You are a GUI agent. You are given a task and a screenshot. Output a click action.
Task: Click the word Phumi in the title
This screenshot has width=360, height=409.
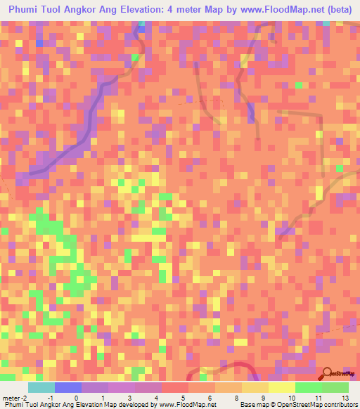tap(25, 9)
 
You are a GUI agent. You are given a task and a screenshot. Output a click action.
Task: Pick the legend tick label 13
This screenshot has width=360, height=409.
tap(345, 398)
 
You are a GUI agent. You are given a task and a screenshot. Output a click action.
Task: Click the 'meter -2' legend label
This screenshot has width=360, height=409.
tap(14, 398)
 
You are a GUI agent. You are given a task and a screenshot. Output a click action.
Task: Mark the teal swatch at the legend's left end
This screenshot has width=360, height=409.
tap(41, 387)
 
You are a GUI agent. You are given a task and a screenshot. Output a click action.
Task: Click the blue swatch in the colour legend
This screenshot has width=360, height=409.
tap(68, 387)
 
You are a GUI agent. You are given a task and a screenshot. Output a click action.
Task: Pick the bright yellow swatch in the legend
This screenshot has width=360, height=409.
tap(282, 387)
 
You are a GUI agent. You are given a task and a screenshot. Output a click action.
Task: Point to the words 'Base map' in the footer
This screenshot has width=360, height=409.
tap(251, 405)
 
